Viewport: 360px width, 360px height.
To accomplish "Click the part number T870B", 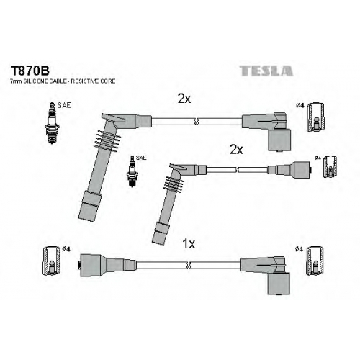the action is pyautogui.click(x=30, y=71).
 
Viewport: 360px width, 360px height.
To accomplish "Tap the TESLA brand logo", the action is pyautogui.click(x=266, y=71).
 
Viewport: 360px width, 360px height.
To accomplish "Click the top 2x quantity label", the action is pyautogui.click(x=184, y=99).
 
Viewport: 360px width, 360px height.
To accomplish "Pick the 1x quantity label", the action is pyautogui.click(x=189, y=244).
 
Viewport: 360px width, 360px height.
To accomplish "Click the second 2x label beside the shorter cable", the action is pyautogui.click(x=236, y=150).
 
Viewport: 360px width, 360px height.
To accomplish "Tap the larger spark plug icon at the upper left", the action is pyautogui.click(x=52, y=123).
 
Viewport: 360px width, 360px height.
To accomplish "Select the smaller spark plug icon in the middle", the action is pyautogui.click(x=132, y=171).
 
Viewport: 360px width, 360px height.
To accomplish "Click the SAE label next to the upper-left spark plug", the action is pyautogui.click(x=64, y=105).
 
